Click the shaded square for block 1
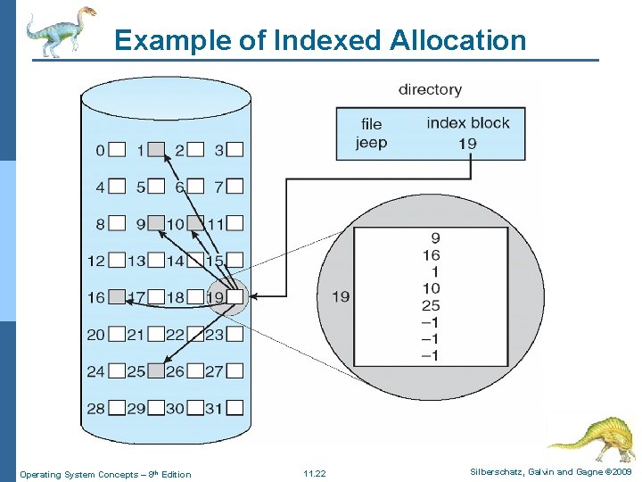pyautogui.click(x=156, y=150)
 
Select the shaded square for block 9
pyautogui.click(x=156, y=223)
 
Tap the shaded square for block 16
pyautogui.click(x=117, y=297)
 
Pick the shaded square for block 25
pyautogui.click(x=156, y=370)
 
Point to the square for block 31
pyautogui.click(x=235, y=408)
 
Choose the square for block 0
pyautogui.click(x=117, y=150)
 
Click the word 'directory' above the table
pyautogui.click(x=430, y=89)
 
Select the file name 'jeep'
pyautogui.click(x=371, y=143)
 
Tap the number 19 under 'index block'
pyautogui.click(x=467, y=143)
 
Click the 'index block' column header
pyautogui.click(x=468, y=123)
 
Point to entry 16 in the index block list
pyautogui.click(x=430, y=254)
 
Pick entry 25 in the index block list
pyautogui.click(x=430, y=305)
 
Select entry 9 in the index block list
pyautogui.click(x=434, y=238)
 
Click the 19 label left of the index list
pyautogui.click(x=341, y=296)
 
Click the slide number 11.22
pyautogui.click(x=315, y=474)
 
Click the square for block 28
pyautogui.click(x=117, y=408)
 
